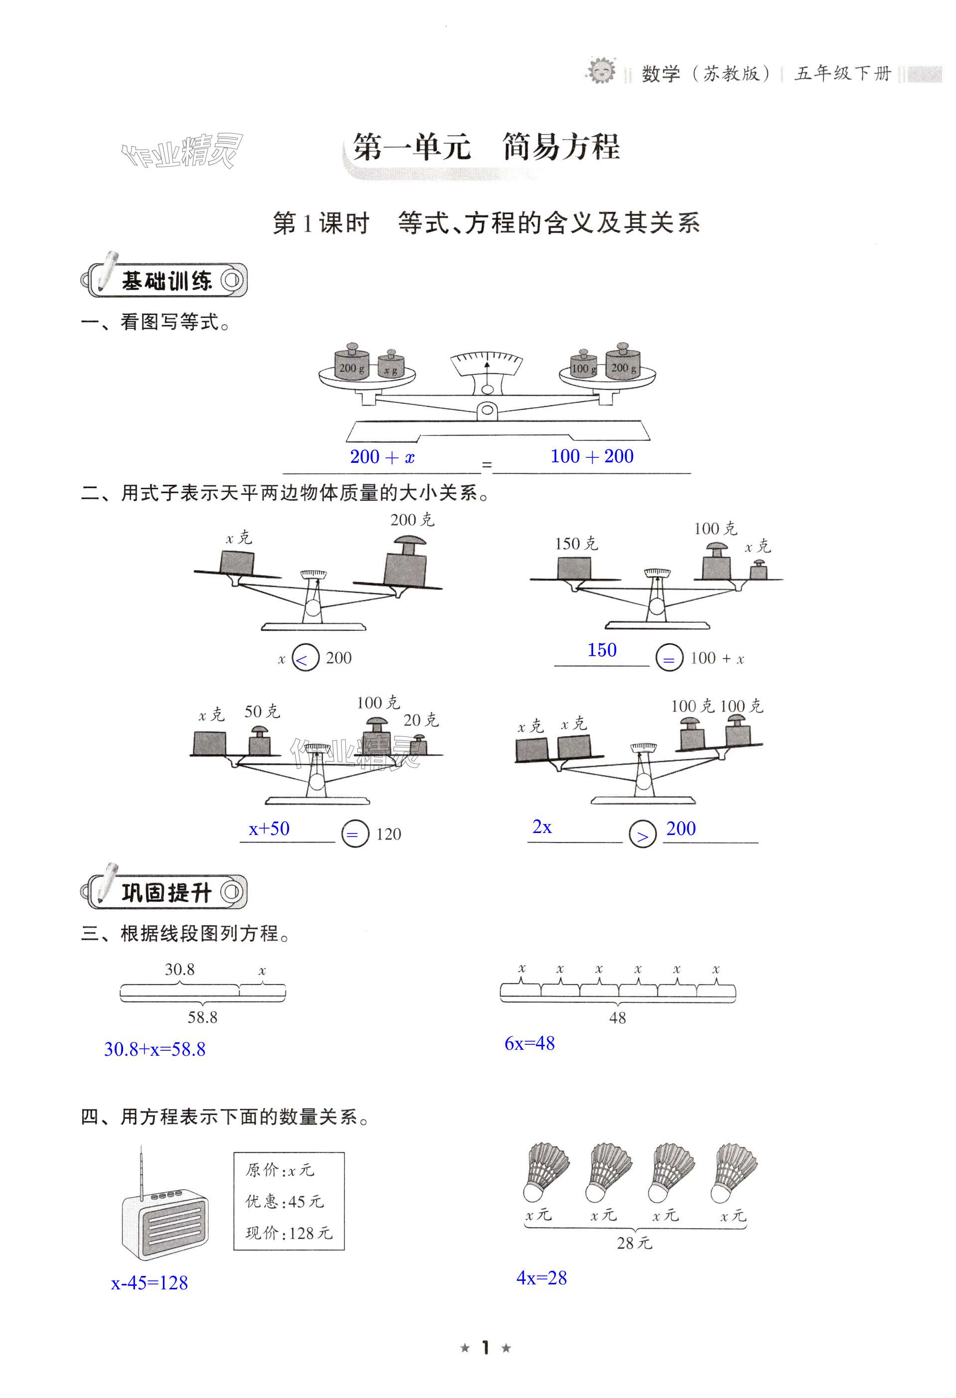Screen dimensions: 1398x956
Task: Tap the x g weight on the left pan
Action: (391, 367)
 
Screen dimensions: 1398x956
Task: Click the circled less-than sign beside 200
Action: (305, 659)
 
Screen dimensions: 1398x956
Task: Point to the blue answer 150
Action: (602, 650)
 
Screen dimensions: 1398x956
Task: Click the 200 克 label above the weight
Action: (412, 520)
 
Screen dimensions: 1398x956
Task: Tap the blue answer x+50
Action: (269, 829)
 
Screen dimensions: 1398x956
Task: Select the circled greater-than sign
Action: (642, 835)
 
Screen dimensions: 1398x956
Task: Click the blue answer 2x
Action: (542, 827)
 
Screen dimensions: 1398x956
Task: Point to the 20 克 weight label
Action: (421, 720)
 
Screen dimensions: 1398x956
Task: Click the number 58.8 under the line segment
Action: (202, 1017)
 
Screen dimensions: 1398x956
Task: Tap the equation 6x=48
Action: (529, 1043)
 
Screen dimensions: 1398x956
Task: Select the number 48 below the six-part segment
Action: (617, 1018)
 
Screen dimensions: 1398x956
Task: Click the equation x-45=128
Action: (149, 1283)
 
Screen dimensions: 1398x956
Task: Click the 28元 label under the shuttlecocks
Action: (634, 1243)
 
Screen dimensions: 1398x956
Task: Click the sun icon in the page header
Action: (601, 70)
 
